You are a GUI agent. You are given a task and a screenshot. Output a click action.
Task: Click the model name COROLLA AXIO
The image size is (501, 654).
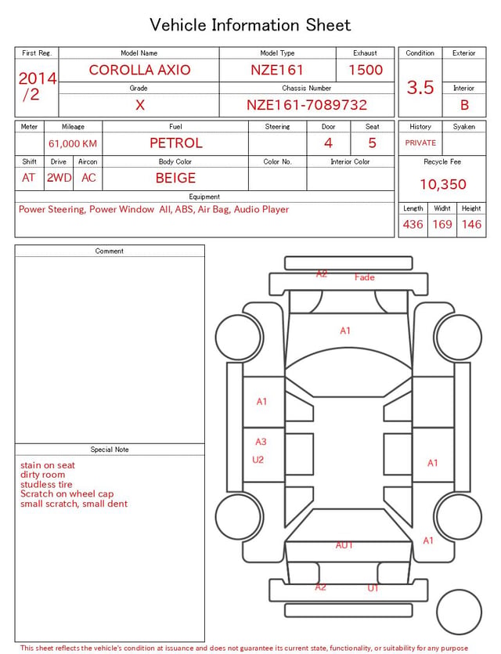139,70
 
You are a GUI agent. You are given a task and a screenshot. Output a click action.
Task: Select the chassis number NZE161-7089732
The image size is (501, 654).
307,105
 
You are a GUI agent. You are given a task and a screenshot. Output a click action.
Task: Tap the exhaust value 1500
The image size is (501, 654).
366,70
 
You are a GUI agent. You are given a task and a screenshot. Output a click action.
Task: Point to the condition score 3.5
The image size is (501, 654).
420,87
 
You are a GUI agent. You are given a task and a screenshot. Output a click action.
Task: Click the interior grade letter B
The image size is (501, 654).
464,105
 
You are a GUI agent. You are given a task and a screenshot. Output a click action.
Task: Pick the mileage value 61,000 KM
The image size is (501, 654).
73,143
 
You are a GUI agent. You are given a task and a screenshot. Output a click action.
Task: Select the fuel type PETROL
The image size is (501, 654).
176,143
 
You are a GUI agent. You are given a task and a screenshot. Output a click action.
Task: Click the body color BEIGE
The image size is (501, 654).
175,178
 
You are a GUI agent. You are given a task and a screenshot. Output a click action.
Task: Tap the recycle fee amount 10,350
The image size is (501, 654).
442,184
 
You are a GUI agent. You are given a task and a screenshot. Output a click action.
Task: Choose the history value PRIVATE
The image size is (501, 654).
420,143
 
